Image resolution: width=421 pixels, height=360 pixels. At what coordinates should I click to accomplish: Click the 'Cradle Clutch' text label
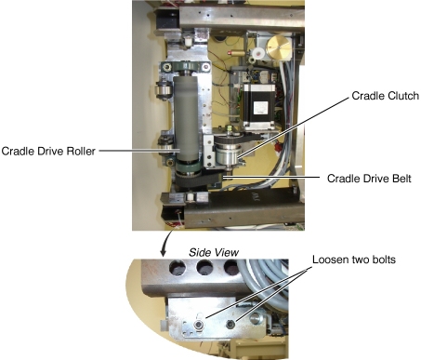385,96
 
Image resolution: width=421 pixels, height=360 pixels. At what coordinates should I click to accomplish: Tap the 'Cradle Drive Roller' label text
48,151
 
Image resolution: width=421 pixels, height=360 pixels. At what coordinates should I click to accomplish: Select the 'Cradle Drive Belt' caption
369,179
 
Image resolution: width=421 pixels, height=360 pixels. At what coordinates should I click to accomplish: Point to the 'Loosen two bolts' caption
354,260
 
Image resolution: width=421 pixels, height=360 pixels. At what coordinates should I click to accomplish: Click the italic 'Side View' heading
214,252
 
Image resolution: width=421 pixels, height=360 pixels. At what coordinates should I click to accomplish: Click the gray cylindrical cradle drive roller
186,118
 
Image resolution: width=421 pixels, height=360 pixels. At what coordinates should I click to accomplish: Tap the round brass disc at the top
279,47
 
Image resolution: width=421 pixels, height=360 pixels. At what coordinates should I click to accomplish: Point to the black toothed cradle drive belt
198,180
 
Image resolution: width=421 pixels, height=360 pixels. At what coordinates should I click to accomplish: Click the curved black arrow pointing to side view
166,243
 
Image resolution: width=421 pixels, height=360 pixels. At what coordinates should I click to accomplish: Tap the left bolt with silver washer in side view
199,325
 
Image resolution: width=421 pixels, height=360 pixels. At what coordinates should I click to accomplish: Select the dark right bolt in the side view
230,325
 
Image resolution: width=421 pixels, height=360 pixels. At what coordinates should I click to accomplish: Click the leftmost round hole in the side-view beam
178,268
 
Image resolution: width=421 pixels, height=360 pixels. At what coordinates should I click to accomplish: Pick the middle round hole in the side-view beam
204,268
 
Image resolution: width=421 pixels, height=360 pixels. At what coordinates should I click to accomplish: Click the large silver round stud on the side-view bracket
257,318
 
